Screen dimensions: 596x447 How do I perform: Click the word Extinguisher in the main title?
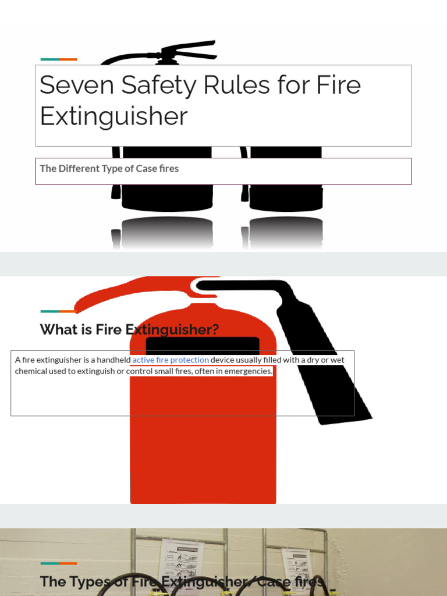113,116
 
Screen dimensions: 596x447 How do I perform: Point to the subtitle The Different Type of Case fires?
109,169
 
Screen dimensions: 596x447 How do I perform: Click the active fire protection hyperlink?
171,360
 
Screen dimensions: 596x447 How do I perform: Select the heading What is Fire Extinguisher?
129,329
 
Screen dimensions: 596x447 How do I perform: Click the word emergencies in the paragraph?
244,371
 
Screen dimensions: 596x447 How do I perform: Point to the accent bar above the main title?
59,59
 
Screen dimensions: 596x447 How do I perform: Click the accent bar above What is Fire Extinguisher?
59,311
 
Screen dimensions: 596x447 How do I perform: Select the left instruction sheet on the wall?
179,559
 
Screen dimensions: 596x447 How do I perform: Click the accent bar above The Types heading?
59,563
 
